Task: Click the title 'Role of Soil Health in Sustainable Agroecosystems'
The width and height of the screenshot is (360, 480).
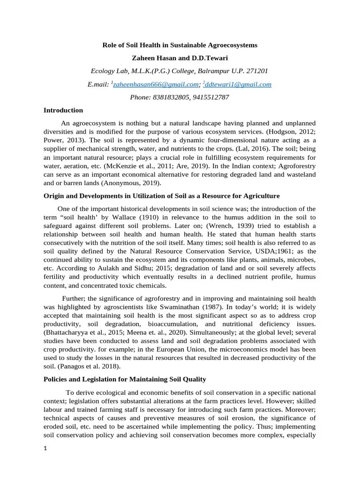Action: pos(180,45)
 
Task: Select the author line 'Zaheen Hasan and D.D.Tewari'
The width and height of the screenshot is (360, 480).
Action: pos(180,59)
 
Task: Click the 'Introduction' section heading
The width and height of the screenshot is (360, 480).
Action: pos(63,111)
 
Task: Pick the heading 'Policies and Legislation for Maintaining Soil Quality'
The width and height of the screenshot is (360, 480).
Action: pos(125,379)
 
